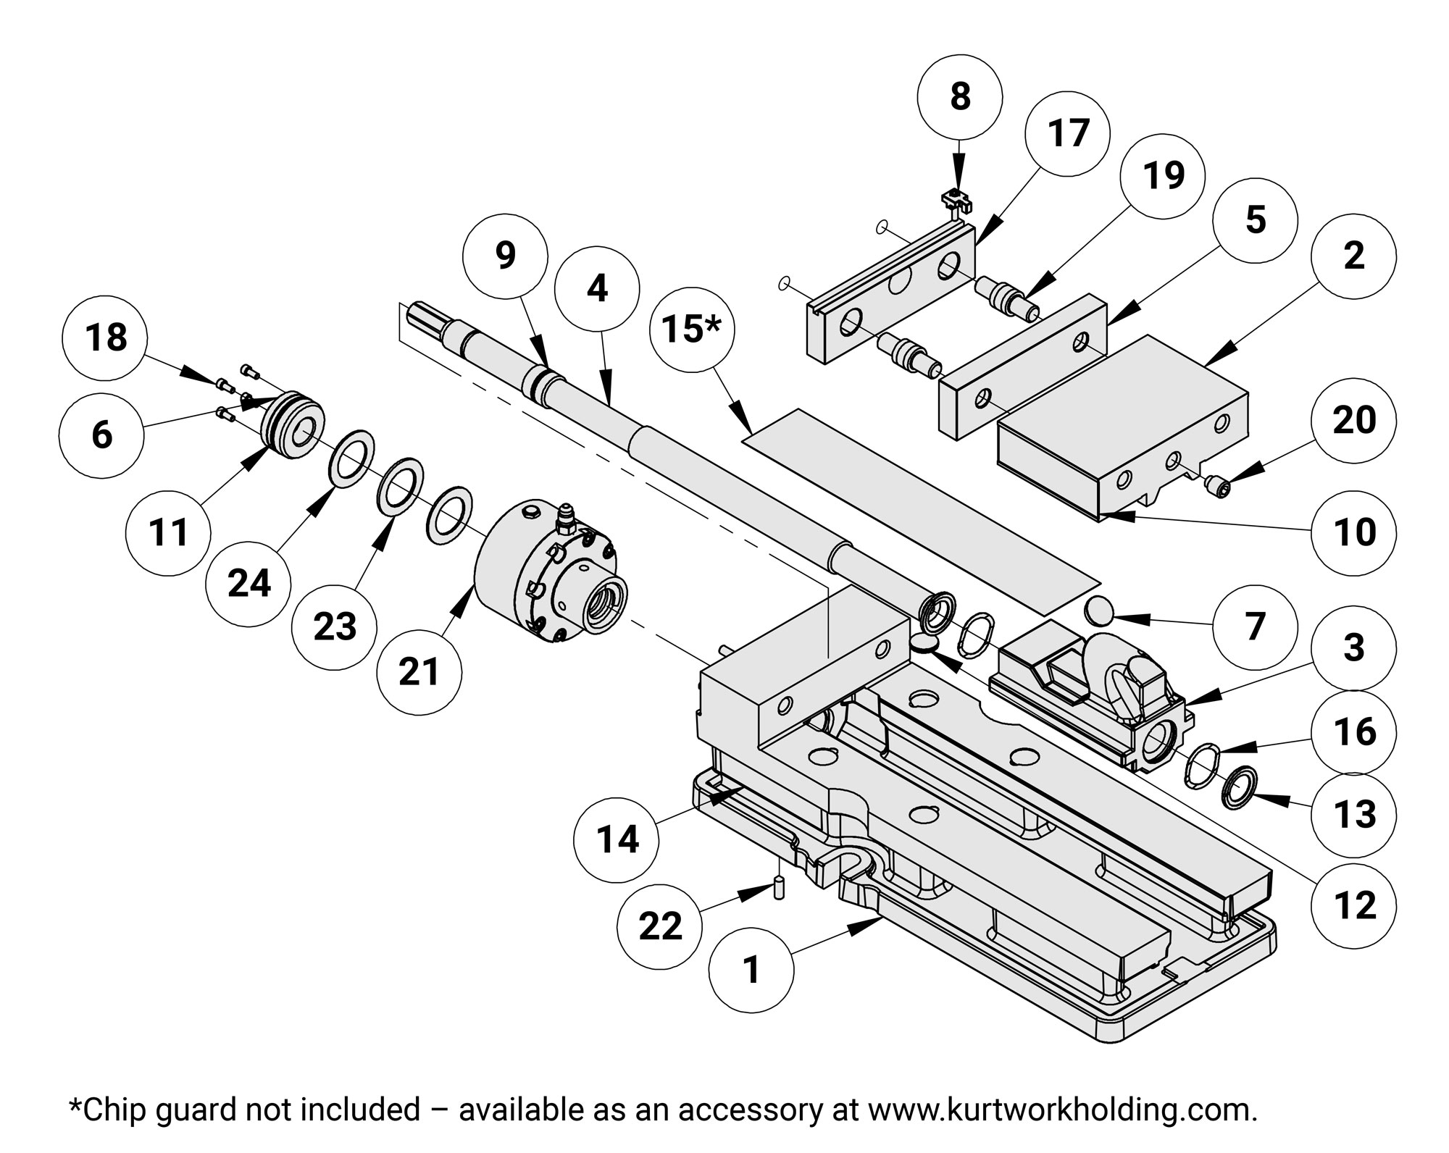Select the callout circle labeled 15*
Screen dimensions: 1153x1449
(692, 330)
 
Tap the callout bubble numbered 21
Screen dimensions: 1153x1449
(419, 672)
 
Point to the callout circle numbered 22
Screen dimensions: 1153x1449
(660, 926)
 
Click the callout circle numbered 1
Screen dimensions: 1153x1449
(751, 970)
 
